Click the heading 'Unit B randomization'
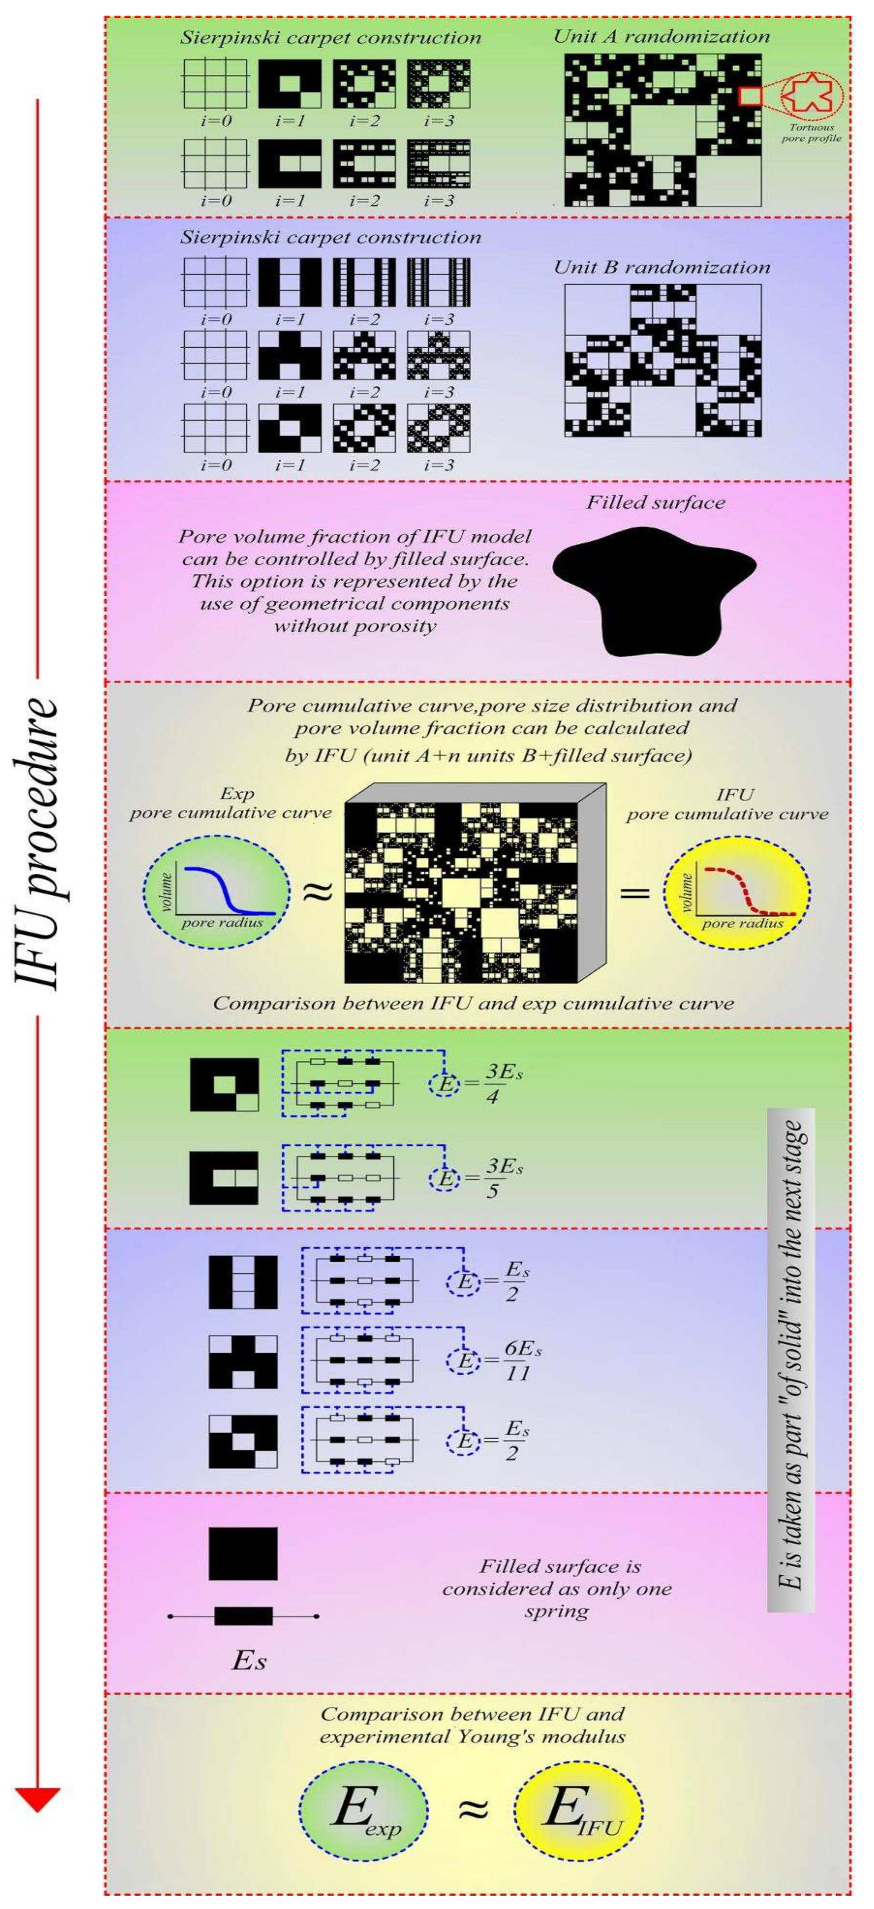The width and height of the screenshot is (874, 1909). pyautogui.click(x=662, y=267)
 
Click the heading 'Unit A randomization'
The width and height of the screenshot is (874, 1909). pyautogui.click(x=662, y=37)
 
